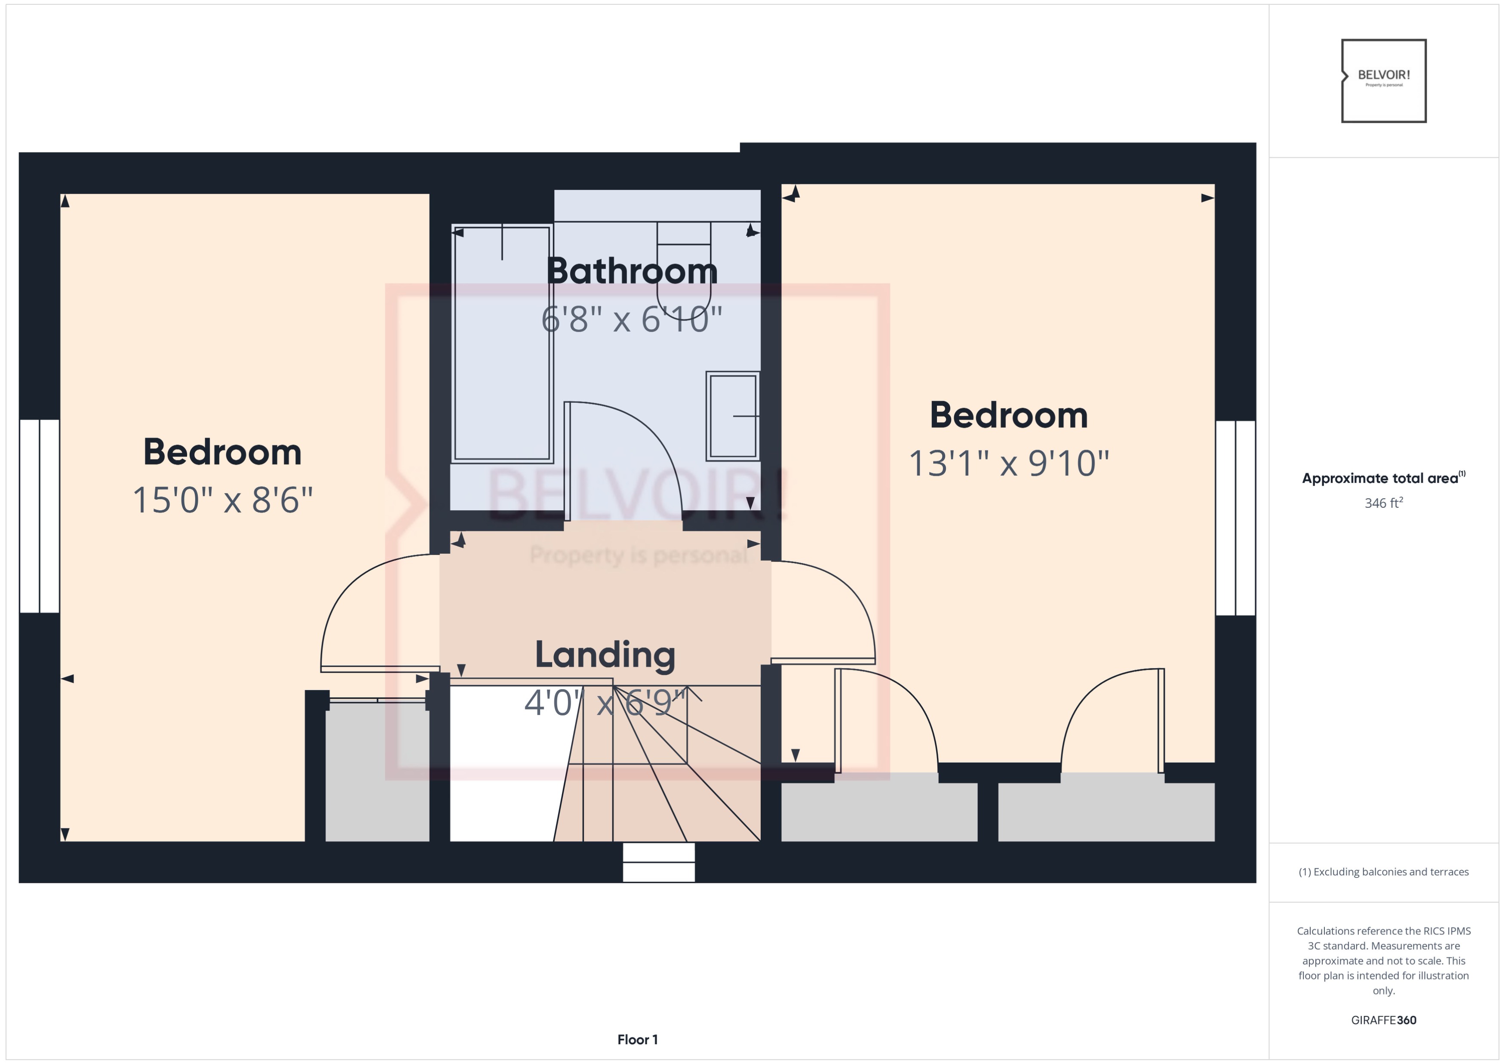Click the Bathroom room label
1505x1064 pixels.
coord(632,271)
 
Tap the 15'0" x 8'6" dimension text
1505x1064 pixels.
coord(223,500)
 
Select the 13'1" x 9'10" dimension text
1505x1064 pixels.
coord(1009,463)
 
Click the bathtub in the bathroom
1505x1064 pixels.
coord(502,343)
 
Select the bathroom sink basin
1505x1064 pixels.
coord(733,416)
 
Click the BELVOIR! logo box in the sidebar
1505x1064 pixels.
coord(1384,80)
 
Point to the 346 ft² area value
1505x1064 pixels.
coord(1383,503)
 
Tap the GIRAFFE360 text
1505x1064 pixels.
coord(1383,1020)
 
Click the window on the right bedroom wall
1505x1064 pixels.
coord(1235,518)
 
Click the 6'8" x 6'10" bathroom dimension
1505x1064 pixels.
coord(632,320)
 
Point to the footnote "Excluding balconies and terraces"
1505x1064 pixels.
coord(1383,872)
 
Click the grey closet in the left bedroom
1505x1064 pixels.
coord(377,773)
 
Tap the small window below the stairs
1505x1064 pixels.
coord(658,862)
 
